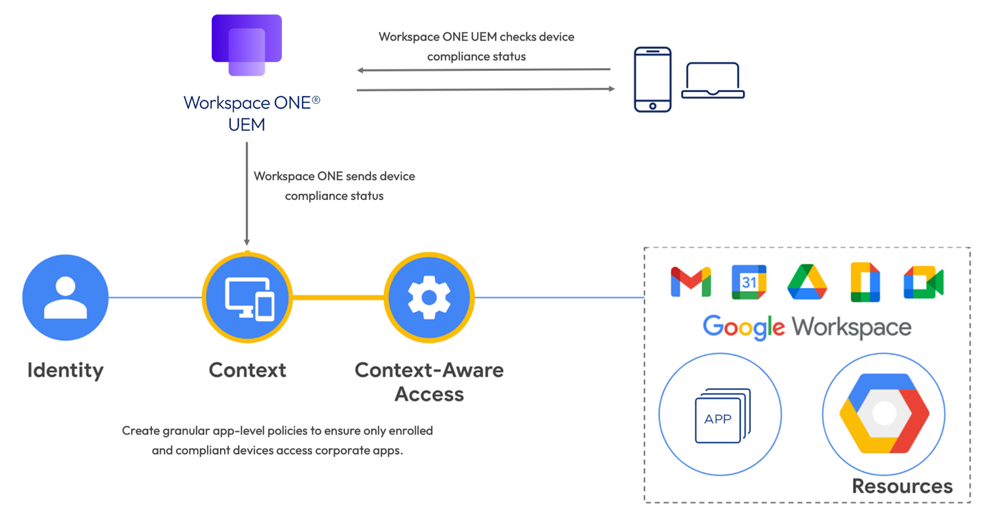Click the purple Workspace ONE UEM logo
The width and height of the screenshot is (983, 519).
tap(247, 45)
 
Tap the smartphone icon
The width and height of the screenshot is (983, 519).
tap(652, 79)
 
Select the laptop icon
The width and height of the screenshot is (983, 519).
tap(713, 80)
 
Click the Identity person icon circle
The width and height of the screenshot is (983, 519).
tap(65, 298)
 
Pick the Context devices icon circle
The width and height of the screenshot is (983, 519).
tap(247, 298)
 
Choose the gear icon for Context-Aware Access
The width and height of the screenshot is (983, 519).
tap(429, 298)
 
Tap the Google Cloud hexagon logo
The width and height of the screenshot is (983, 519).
tap(884, 413)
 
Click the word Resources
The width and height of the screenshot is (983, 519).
tap(902, 486)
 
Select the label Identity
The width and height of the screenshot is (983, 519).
tap(65, 370)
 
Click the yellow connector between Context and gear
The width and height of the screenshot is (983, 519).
tap(338, 298)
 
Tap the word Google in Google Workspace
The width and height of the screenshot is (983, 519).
tap(744, 327)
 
